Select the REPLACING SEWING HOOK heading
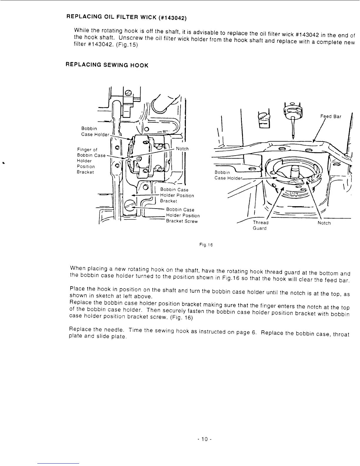(x=107, y=65)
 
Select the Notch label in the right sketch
(x=324, y=223)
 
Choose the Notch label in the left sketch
(x=182, y=149)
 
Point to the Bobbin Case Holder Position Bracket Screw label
(x=182, y=215)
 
